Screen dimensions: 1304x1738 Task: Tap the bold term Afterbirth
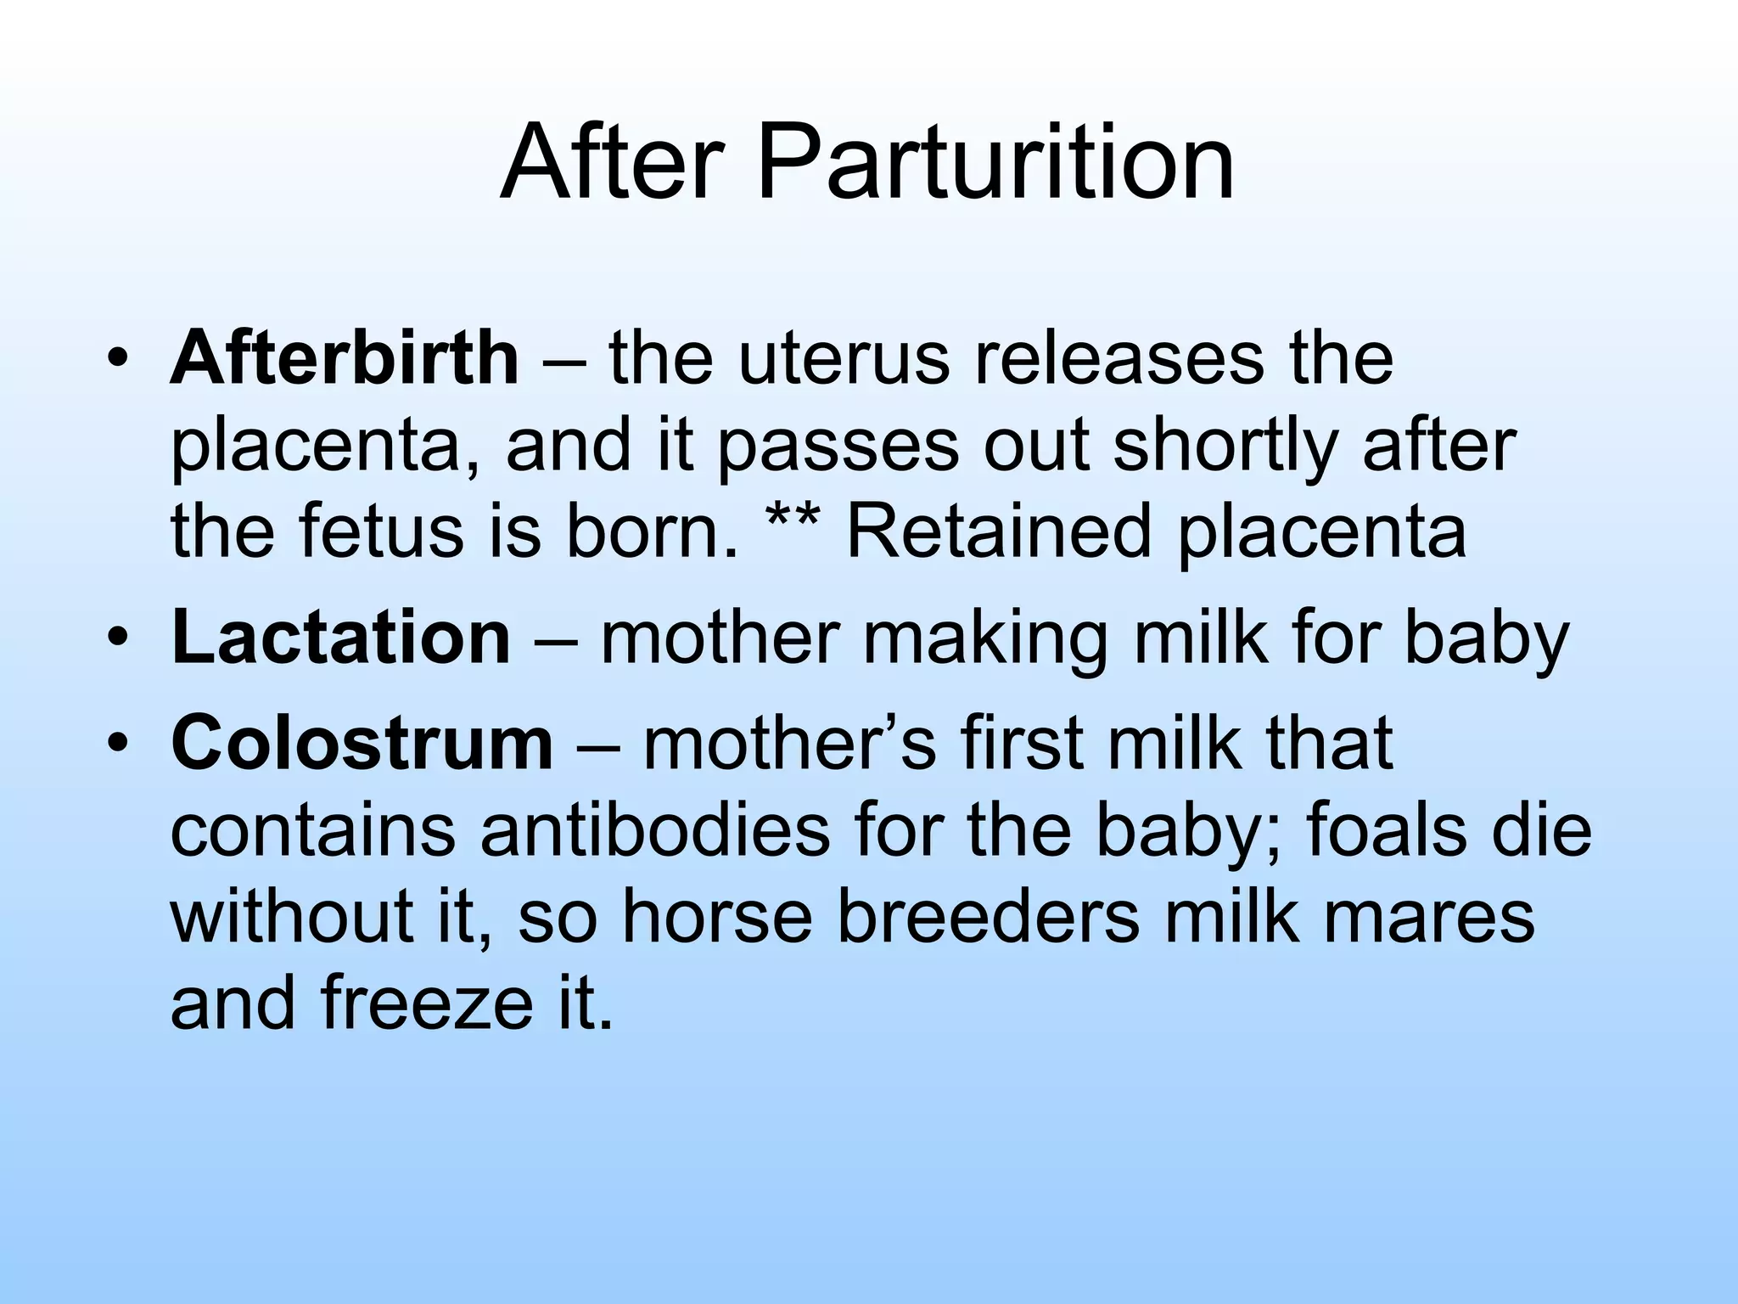[345, 358]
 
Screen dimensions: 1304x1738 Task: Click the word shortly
[1227, 448]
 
